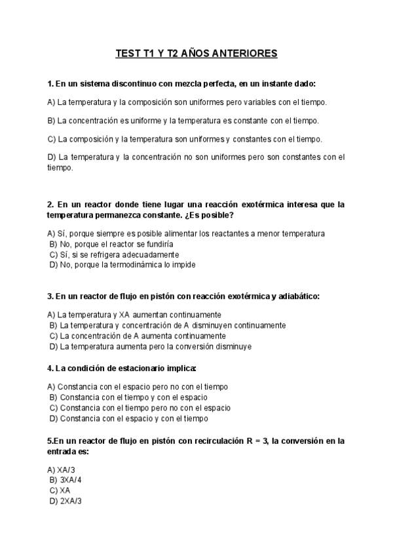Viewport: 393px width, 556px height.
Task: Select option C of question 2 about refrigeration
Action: (114, 254)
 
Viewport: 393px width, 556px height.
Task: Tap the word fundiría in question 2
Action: (157, 244)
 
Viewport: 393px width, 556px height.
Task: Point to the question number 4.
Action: (50, 368)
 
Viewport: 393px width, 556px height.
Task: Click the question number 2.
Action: (50, 205)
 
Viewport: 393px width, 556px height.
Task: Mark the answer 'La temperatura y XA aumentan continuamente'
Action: (138, 315)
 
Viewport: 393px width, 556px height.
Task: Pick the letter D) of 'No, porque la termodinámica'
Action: (54, 265)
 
